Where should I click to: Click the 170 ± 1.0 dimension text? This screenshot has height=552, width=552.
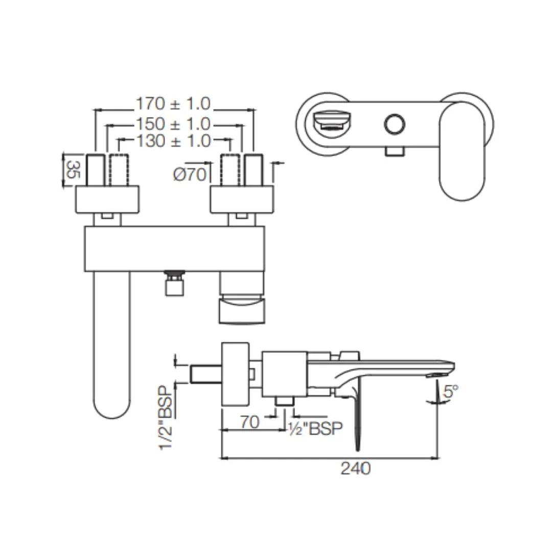click(x=173, y=104)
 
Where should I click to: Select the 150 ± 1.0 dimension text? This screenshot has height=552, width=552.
click(x=173, y=124)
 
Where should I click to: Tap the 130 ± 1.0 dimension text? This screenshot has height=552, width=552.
click(x=173, y=141)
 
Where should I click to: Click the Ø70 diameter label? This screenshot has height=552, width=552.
click(x=190, y=175)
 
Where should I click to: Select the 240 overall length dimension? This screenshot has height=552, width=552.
click(x=355, y=468)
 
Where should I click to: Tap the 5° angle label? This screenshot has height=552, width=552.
click(x=451, y=392)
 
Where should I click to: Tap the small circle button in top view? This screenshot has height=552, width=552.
click(x=394, y=124)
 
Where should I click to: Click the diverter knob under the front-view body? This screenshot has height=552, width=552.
click(x=174, y=284)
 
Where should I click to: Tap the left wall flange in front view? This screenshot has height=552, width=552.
click(x=107, y=199)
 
